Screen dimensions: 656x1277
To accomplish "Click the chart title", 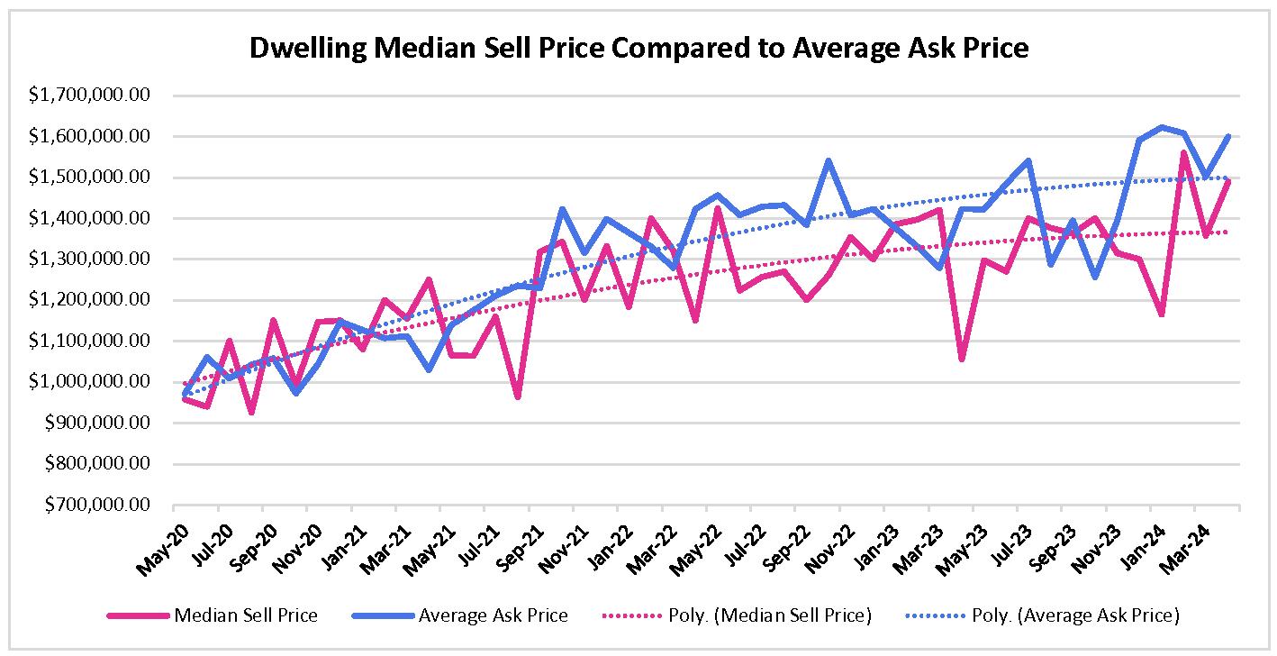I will click(638, 48).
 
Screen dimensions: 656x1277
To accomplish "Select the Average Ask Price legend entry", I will click(493, 616).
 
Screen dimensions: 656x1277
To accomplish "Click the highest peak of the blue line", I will click(1161, 127).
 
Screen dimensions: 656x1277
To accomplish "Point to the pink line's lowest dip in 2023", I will click(962, 359).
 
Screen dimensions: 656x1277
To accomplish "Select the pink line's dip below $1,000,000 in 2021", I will click(518, 396).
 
